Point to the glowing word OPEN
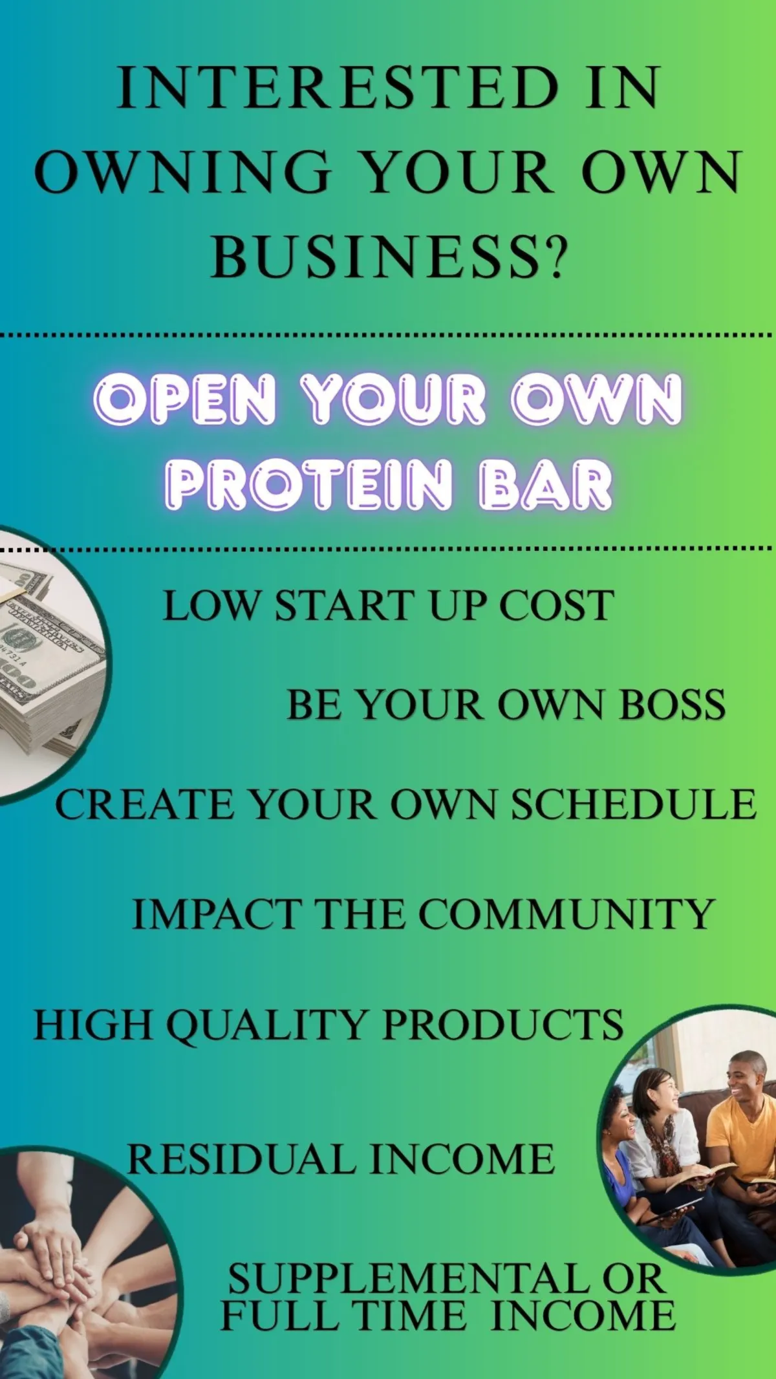185,398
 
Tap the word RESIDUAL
241,1158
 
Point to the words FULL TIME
343,1314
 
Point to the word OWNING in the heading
183,172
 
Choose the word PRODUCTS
503,1025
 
